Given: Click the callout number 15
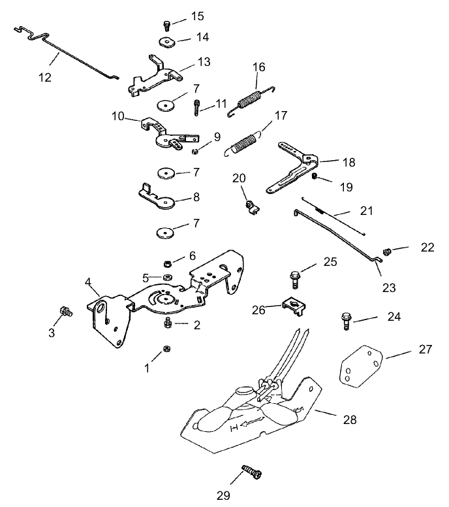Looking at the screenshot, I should coord(197,16).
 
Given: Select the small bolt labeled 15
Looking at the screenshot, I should coord(166,25).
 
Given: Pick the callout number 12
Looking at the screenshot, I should coord(44,76).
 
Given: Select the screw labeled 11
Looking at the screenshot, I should coord(196,106).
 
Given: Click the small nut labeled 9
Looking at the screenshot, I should coord(194,152).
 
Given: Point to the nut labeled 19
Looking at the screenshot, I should coord(315,176).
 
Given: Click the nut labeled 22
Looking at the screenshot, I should coord(388,251).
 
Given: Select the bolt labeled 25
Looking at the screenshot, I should coord(294,279).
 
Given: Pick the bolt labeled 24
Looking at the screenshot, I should coord(344,320).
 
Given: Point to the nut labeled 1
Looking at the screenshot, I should coord(166,348).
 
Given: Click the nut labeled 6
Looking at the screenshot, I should coord(166,263).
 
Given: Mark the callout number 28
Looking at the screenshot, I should coord(350,420).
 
